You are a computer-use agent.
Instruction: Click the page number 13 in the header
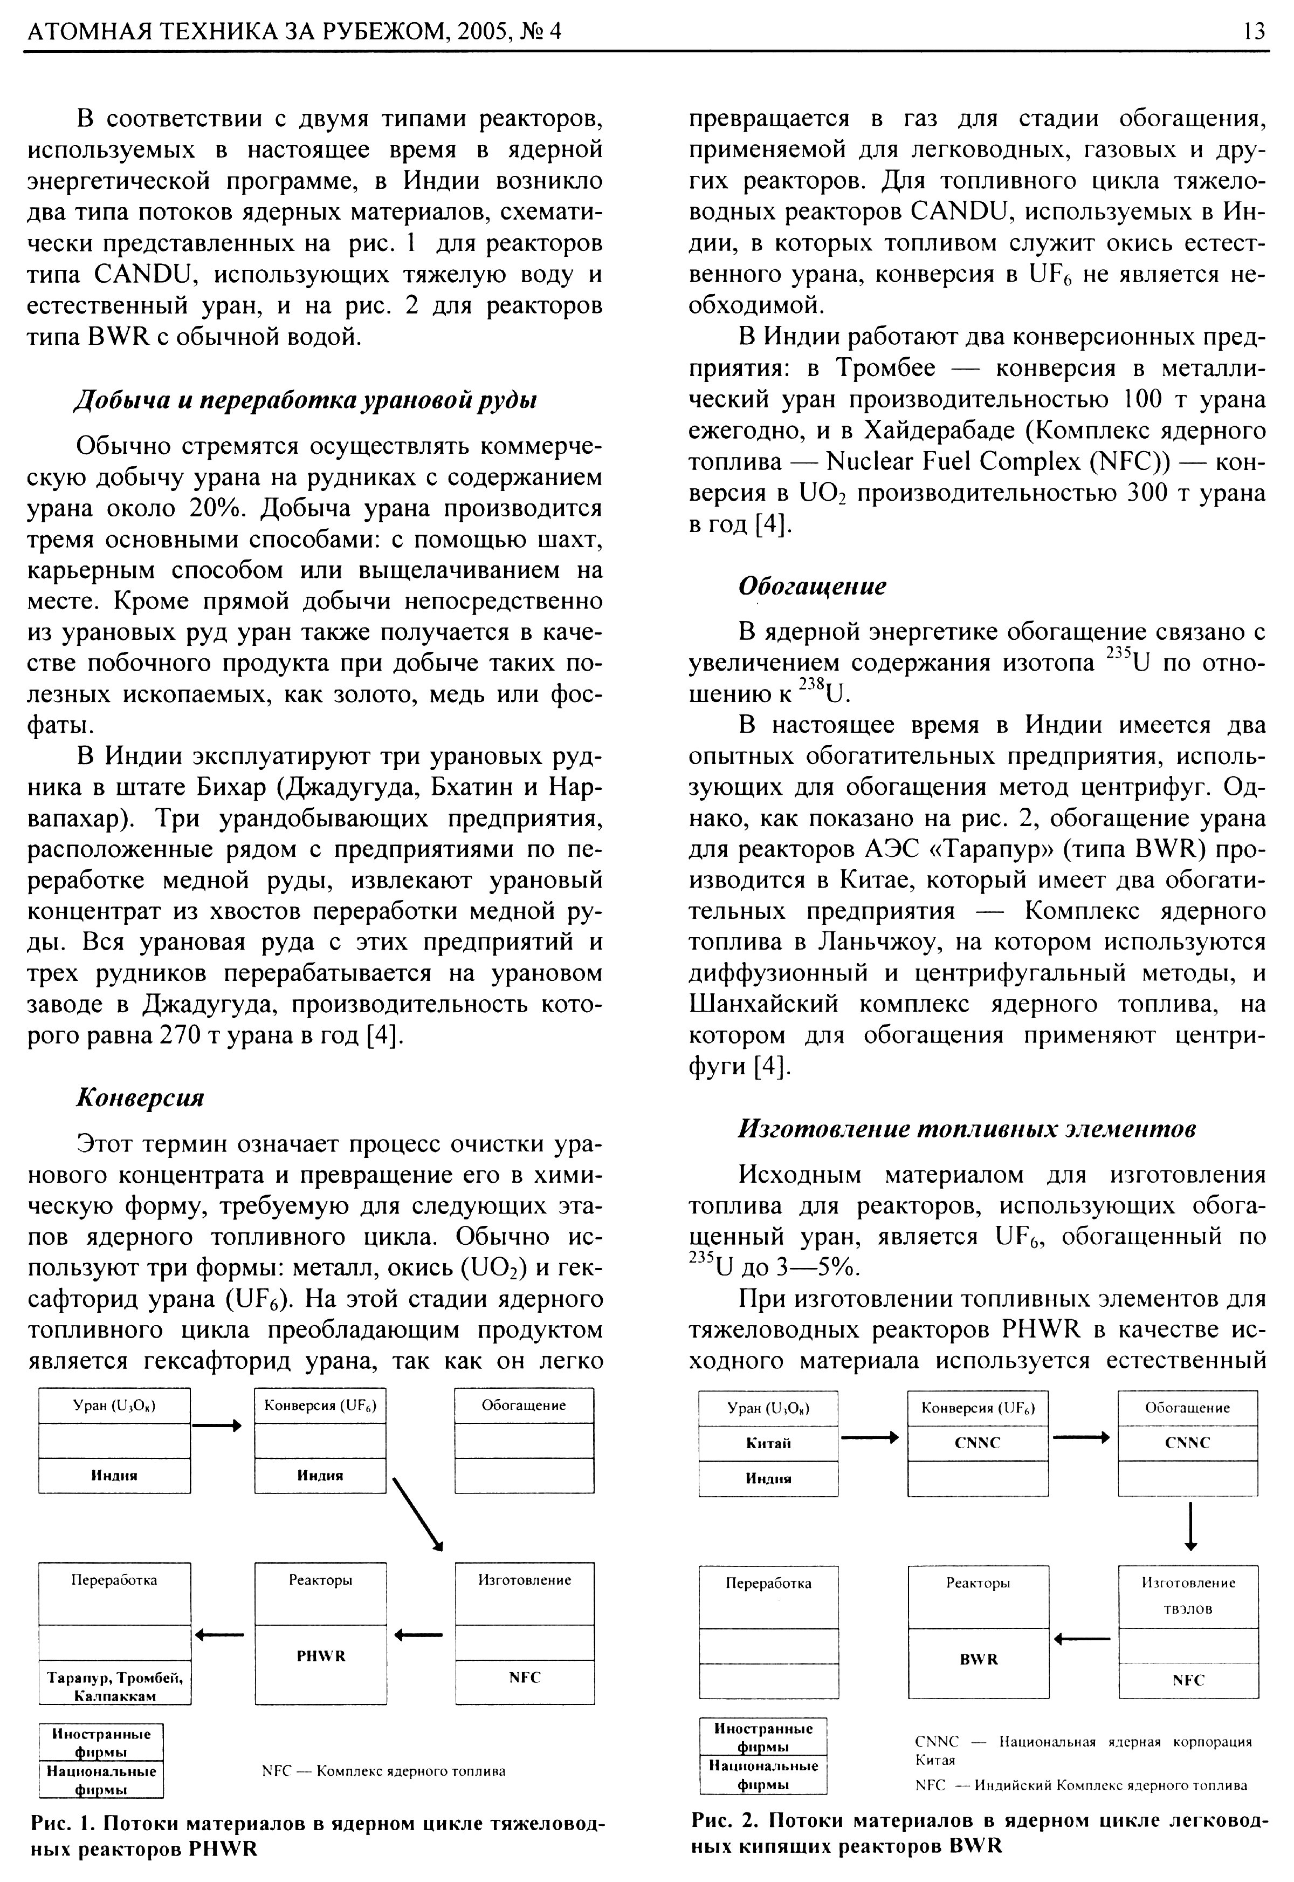coord(1252,31)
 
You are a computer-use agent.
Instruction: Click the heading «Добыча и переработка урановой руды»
coord(306,400)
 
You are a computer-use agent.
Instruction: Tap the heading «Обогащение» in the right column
coord(811,585)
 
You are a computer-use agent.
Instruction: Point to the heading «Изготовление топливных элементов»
coord(966,1128)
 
